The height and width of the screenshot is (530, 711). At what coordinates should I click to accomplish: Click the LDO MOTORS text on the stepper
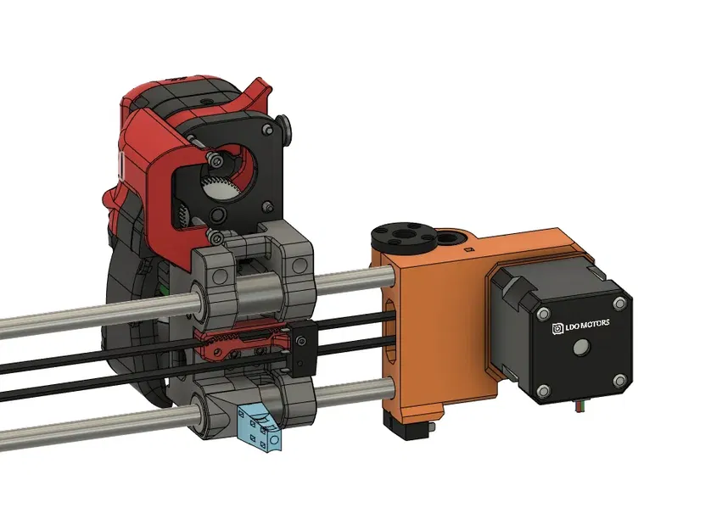pyautogui.click(x=586, y=324)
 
